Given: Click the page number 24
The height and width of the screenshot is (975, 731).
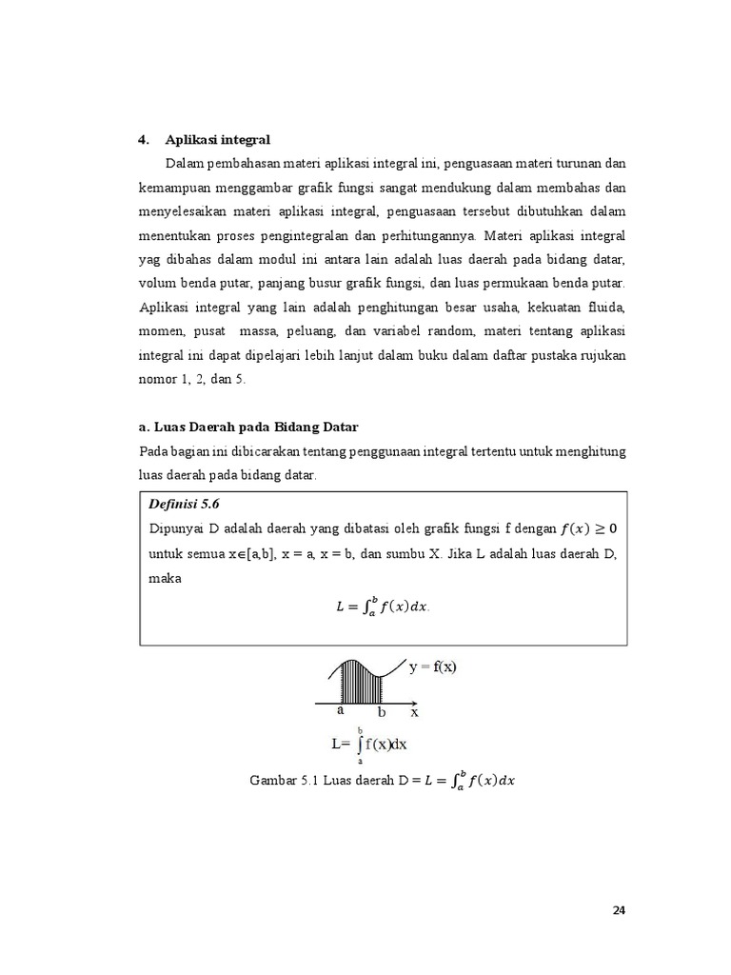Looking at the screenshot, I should (x=619, y=910).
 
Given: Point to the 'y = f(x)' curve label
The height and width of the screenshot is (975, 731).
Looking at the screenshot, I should (x=432, y=667).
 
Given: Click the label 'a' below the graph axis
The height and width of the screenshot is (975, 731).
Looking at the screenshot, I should (x=340, y=710).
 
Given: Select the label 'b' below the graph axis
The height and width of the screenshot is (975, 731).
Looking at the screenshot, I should (x=382, y=712).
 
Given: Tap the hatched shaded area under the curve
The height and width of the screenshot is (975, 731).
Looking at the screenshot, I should (x=360, y=684).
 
